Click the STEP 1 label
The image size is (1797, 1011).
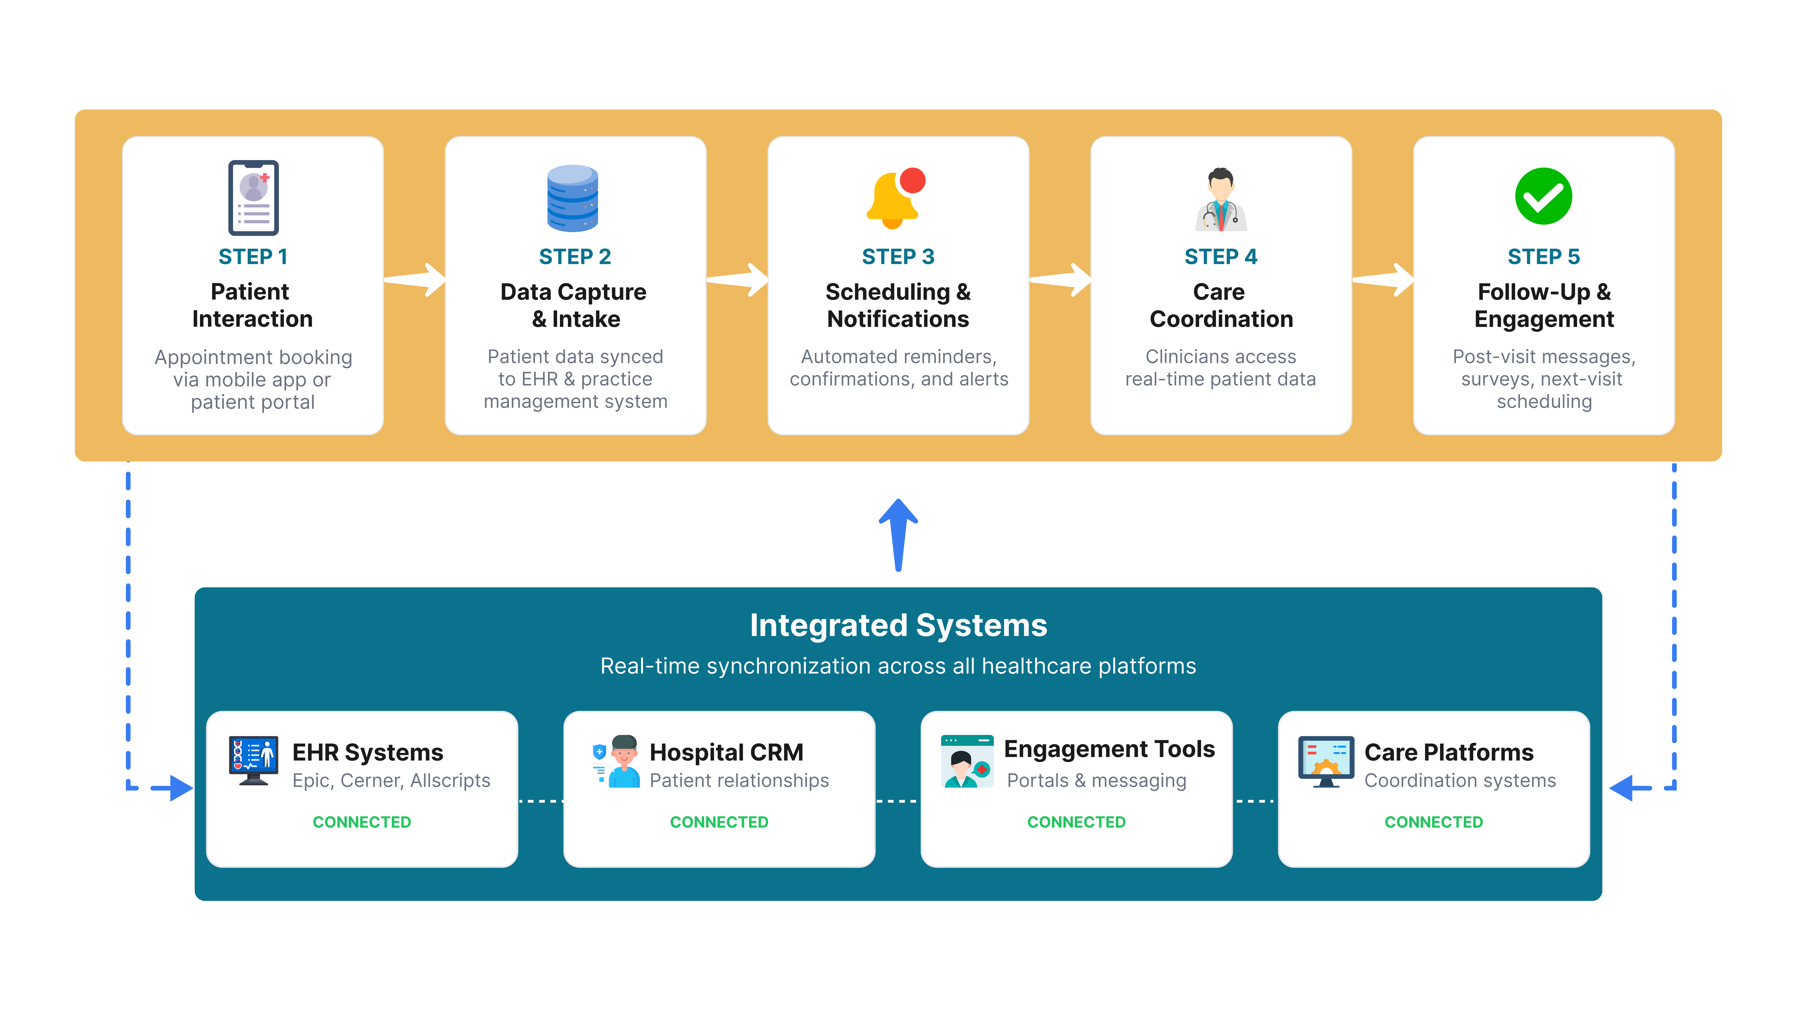252,257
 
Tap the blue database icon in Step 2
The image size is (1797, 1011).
573,198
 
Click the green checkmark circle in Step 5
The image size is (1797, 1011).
1543,196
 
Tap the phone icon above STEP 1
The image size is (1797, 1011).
253,198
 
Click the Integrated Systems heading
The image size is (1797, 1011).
898,625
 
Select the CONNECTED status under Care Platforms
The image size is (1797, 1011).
1434,822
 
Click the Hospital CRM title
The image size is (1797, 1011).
726,752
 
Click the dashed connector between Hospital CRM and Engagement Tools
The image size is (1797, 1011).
898,801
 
